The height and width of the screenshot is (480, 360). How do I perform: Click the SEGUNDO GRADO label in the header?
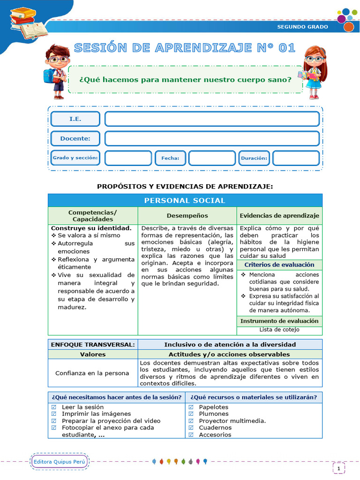[302, 27]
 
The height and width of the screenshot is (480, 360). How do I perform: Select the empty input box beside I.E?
[212, 119]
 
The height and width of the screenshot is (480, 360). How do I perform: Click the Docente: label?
[75, 139]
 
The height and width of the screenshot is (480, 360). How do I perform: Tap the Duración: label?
[254, 158]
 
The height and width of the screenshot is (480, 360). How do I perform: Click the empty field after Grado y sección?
[128, 158]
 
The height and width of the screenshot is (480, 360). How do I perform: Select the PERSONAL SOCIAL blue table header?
[185, 201]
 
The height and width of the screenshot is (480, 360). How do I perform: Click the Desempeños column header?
[187, 216]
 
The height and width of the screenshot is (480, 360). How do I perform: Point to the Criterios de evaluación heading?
[279, 265]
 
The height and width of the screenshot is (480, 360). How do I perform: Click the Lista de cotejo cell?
[279, 330]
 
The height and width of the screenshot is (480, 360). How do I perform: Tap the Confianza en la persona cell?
[92, 373]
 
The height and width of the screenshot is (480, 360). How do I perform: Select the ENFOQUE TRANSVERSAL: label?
[93, 345]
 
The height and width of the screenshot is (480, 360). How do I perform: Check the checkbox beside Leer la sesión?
[53, 407]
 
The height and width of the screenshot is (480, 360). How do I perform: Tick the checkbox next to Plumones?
[191, 414]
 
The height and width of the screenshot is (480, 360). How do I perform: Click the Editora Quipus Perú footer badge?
[60, 462]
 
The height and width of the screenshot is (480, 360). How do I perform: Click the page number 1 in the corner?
[338, 468]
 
